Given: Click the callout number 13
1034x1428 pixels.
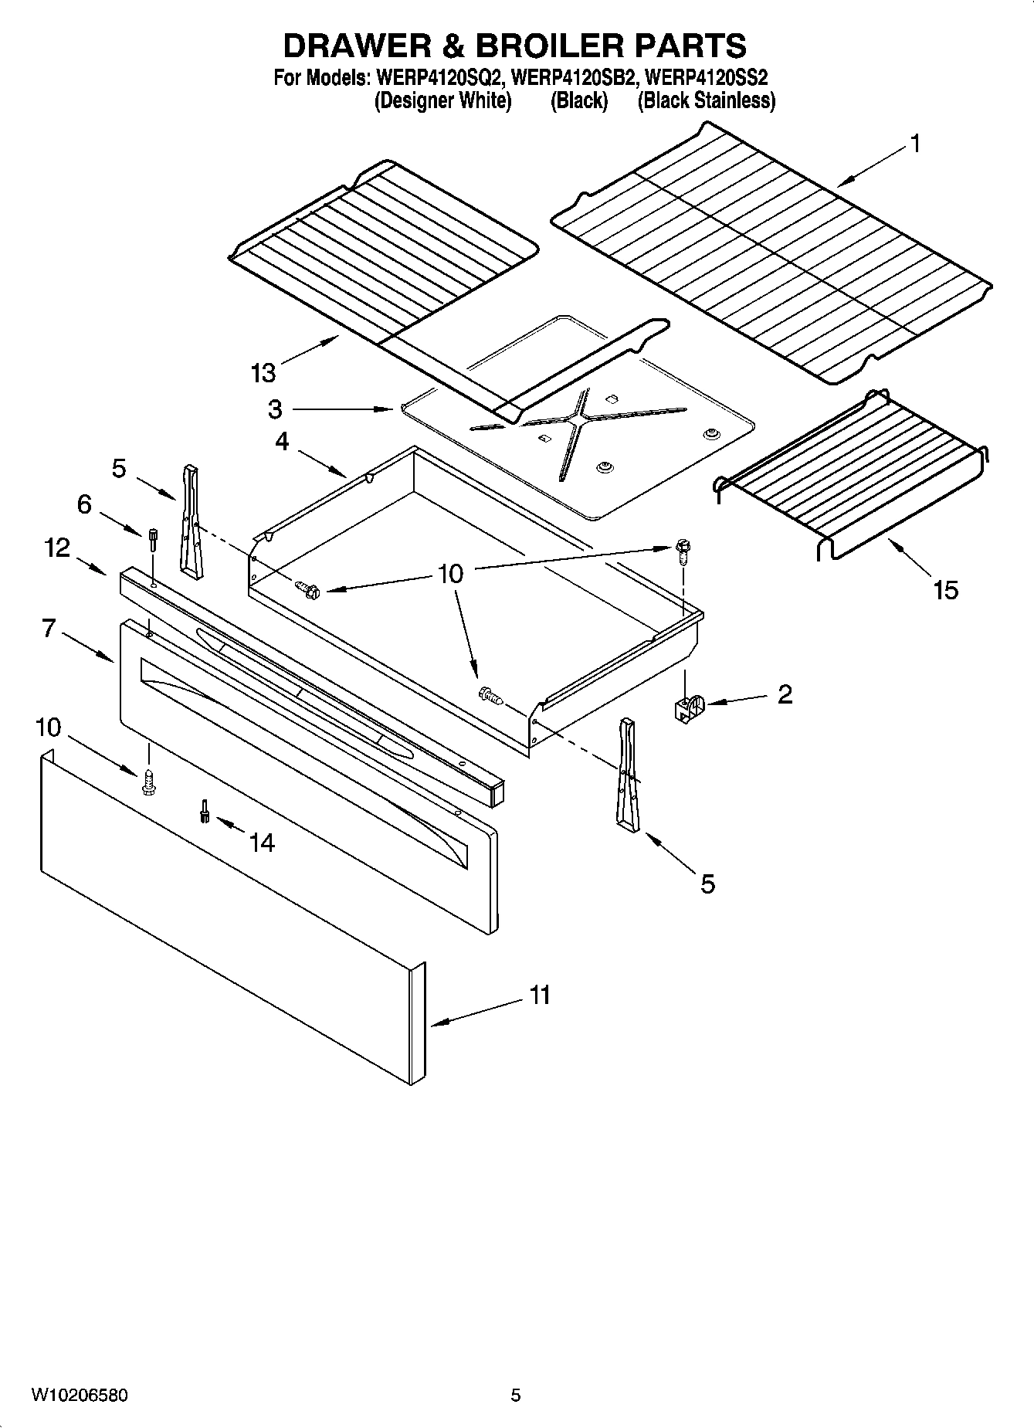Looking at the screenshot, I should [x=263, y=373].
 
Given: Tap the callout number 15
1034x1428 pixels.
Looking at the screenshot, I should [x=945, y=590].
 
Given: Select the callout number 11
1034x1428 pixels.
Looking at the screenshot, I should [x=540, y=995].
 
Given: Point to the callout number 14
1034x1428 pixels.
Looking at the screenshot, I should [x=262, y=843].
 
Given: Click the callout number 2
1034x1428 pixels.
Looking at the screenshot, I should [x=785, y=694].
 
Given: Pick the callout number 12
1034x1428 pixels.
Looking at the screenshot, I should [x=57, y=548].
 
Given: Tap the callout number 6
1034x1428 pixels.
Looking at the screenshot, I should [x=84, y=504].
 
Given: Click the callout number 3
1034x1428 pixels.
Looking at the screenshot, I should [x=275, y=409].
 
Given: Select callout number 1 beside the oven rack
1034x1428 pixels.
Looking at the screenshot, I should [x=914, y=144].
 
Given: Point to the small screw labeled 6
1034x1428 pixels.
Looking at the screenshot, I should [x=153, y=538].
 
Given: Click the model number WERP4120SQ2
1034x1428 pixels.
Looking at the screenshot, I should [x=438, y=78].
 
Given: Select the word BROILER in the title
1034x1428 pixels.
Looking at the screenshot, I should [x=548, y=46].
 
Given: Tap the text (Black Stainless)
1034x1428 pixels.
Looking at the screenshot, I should [x=706, y=100].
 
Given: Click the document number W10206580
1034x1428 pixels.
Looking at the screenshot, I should [x=80, y=1395].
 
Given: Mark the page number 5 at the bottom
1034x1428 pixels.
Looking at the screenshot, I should [x=516, y=1395].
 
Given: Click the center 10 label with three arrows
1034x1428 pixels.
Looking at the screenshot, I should [x=450, y=573].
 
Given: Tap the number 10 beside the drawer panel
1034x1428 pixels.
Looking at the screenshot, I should [x=48, y=727].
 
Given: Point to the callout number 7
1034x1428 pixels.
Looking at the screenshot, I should [x=49, y=629].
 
